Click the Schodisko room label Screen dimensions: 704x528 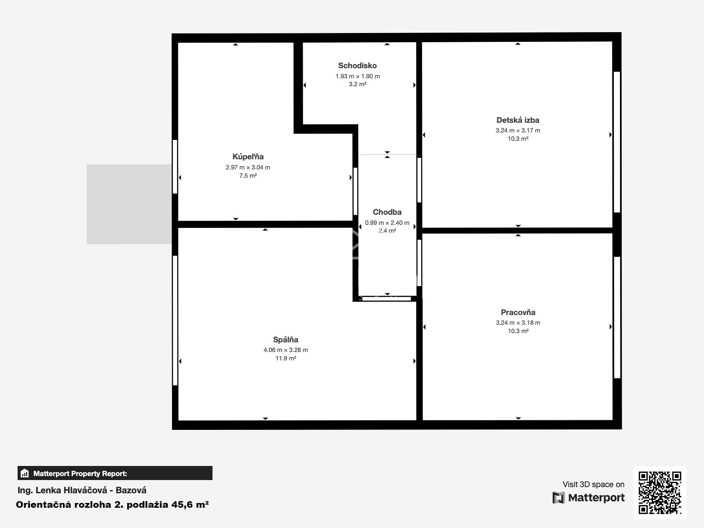357,66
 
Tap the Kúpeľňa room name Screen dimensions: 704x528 248,157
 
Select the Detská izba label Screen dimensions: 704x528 517,120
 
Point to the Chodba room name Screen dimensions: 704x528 387,212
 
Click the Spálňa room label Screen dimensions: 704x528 286,340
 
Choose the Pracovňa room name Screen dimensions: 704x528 518,312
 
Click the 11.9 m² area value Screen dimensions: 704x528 286,358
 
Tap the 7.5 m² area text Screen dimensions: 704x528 248,176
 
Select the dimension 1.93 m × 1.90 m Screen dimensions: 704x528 358,76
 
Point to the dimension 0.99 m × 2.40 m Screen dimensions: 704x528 387,223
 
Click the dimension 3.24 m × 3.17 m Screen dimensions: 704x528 517,131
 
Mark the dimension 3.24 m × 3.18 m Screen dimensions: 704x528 518,323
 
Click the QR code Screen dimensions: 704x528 660,493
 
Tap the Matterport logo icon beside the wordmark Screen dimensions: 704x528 558,498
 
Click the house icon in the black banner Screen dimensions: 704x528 25,473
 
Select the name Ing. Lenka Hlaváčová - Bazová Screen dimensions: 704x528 82,490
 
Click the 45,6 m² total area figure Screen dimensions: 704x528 190,505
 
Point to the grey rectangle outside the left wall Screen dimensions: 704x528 129,204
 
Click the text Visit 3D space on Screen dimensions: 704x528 594,484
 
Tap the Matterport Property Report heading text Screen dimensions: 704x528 80,473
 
